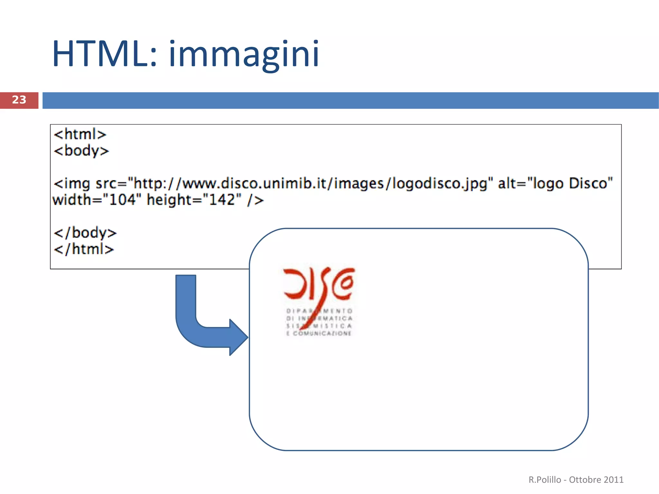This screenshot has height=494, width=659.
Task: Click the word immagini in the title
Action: (244, 53)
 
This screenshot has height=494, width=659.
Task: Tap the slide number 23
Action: (19, 100)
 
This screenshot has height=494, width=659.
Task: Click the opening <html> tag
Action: (80, 134)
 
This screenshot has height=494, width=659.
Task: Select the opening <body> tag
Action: (81, 151)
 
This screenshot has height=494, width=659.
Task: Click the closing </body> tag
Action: (85, 233)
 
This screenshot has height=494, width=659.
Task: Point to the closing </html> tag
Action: (84, 249)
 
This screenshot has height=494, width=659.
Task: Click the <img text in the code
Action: (72, 183)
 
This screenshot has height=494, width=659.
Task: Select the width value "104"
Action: (122, 200)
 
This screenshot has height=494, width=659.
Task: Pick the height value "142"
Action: (222, 200)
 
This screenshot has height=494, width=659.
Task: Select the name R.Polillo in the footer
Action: (544, 480)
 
